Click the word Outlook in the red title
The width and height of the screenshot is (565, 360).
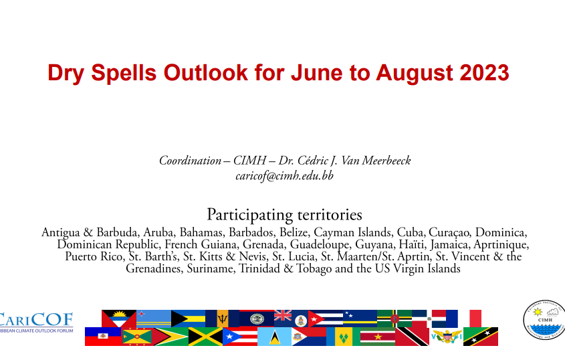click(206, 72)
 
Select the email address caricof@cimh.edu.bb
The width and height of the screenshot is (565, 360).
click(284, 176)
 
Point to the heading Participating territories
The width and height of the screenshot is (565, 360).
click(284, 215)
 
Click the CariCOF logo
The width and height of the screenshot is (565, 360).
click(36, 322)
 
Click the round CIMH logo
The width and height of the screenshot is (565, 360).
click(544, 320)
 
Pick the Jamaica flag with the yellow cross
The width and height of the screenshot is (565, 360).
click(205, 337)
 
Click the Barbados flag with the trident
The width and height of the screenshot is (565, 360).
click(223, 319)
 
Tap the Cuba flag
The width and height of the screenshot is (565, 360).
click(326, 319)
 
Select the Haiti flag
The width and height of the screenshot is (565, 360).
click(103, 337)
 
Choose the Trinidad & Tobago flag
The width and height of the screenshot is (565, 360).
click(412, 337)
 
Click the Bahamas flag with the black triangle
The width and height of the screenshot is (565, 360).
click(188, 319)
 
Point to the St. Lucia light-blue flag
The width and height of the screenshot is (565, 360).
click(274, 337)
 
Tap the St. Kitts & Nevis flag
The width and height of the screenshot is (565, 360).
click(481, 337)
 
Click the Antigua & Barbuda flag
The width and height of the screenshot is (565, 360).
click(119, 319)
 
